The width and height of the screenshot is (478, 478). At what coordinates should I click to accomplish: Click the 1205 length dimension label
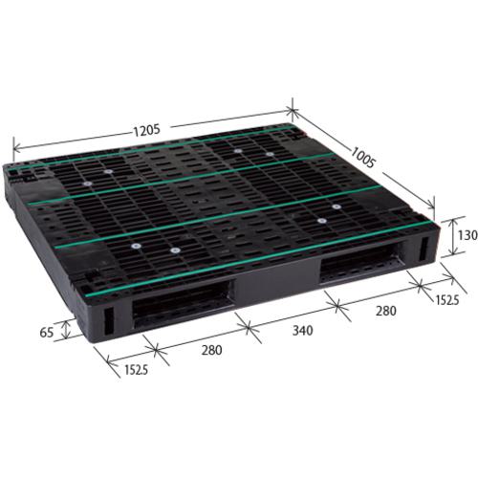pos(146,131)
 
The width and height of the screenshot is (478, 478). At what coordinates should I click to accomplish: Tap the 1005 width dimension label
pos(362,157)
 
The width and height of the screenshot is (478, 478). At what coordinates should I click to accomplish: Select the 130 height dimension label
pos(467,235)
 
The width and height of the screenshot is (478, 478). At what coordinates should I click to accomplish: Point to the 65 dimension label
pos(47,333)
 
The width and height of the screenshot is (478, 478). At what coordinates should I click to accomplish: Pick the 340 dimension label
pos(302,331)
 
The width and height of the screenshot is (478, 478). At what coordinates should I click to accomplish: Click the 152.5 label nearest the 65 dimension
pos(136,370)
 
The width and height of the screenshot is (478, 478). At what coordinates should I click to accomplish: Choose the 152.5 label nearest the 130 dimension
pos(447,300)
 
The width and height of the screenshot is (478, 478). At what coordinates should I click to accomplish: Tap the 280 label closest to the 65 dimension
pos(211,350)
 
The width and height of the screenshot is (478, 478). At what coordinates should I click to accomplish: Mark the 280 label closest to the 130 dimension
pos(386,311)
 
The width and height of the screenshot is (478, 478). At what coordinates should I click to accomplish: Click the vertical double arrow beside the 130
pos(452,236)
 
